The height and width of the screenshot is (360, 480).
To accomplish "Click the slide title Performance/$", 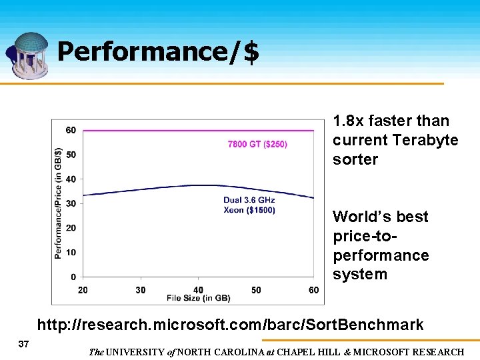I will tap(157, 53).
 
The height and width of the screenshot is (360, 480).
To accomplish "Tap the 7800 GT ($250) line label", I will tap(257, 144).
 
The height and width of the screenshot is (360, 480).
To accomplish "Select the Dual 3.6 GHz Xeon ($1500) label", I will tap(249, 205).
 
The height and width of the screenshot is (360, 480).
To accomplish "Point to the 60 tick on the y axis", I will tap(71, 130).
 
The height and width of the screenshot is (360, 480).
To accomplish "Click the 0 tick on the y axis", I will tap(73, 277).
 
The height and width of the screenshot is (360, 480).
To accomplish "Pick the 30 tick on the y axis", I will tap(71, 203).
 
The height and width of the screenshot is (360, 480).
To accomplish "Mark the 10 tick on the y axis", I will tap(71, 252).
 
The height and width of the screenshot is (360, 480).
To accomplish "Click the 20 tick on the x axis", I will tap(83, 290).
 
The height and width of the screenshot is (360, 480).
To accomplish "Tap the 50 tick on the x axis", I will tap(256, 290).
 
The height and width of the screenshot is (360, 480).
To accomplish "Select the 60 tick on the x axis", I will tap(314, 290).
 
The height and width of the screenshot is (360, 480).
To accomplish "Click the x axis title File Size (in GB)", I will tap(198, 297).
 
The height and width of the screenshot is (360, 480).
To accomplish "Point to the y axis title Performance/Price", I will tap(58, 203).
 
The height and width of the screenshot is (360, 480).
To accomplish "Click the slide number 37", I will tap(23, 343).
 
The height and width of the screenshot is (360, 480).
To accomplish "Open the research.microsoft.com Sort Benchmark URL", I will tap(230, 325).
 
